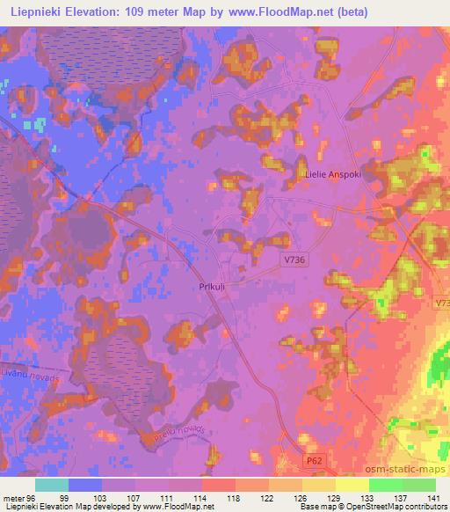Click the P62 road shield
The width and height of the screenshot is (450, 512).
coord(314,461)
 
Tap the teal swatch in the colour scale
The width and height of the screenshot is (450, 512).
coord(52,485)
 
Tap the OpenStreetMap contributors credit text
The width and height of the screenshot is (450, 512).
coord(397,508)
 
